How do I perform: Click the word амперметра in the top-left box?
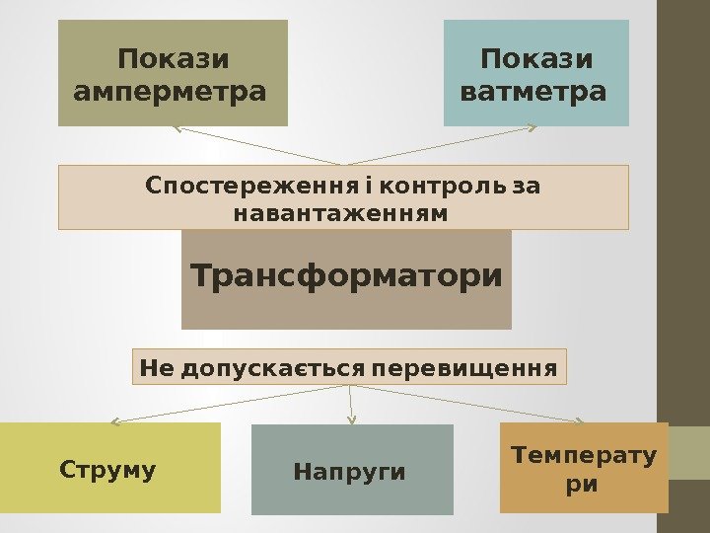pos(171,93)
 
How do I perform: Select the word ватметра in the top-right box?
pos(533,93)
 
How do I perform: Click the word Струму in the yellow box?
pos(107,469)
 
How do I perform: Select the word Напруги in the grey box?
pos(349,472)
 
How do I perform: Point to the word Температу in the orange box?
pos(583,455)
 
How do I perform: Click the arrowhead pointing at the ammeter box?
pos(177,127)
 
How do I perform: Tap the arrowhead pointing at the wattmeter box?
pos(532,126)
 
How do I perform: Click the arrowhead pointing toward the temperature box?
pos(586,420)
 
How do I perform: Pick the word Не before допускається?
pos(157,369)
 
